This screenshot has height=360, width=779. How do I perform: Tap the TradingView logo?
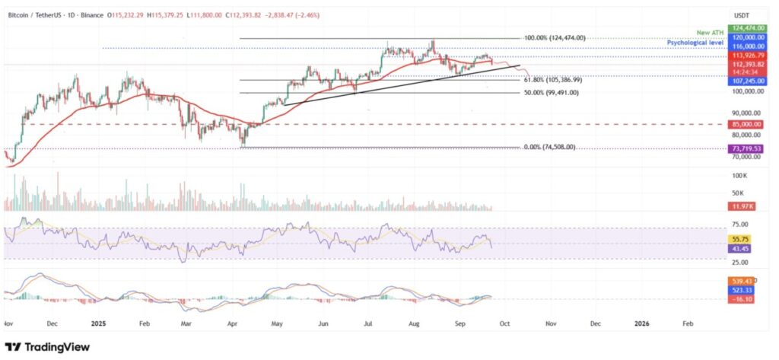point(47,346)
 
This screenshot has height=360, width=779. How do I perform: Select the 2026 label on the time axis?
point(641,323)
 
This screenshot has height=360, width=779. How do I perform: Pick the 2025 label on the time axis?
point(100,323)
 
